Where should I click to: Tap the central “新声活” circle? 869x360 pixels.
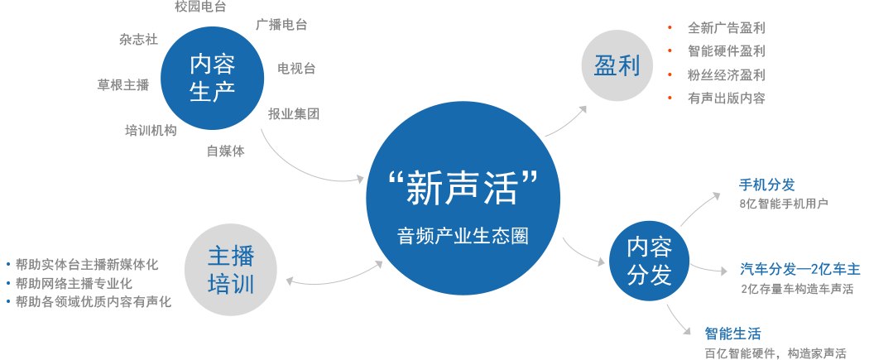[462, 201]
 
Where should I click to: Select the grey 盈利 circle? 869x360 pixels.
[617, 66]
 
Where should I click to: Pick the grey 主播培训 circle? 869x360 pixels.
[231, 272]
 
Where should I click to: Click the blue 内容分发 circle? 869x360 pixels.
[650, 261]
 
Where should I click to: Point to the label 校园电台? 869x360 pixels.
[200, 7]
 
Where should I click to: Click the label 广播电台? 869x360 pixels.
[281, 25]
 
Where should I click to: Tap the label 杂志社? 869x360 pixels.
[138, 39]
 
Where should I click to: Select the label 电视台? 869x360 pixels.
[296, 68]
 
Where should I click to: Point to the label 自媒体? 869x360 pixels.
[225, 151]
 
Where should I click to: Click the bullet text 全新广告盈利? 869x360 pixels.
[726, 28]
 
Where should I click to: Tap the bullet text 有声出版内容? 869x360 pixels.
[726, 98]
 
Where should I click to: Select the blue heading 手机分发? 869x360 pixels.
[766, 185]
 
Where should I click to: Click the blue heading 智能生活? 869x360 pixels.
[732, 334]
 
